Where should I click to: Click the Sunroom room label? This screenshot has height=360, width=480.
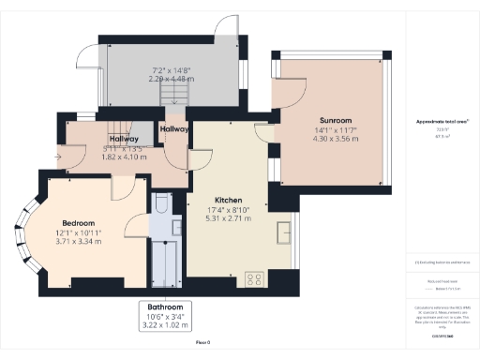pos(335,121)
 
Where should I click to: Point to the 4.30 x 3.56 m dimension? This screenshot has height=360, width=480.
pos(335,139)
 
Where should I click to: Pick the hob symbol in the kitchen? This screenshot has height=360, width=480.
pos(253,277)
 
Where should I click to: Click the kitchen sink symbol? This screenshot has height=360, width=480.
pos(284,231)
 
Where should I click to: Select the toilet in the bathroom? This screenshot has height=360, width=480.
pos(160,205)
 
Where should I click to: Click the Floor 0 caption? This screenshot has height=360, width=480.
pos(202,344)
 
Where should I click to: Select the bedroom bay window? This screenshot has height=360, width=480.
pos(26,232)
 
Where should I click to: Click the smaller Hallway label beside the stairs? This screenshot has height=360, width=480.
pos(174,128)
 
